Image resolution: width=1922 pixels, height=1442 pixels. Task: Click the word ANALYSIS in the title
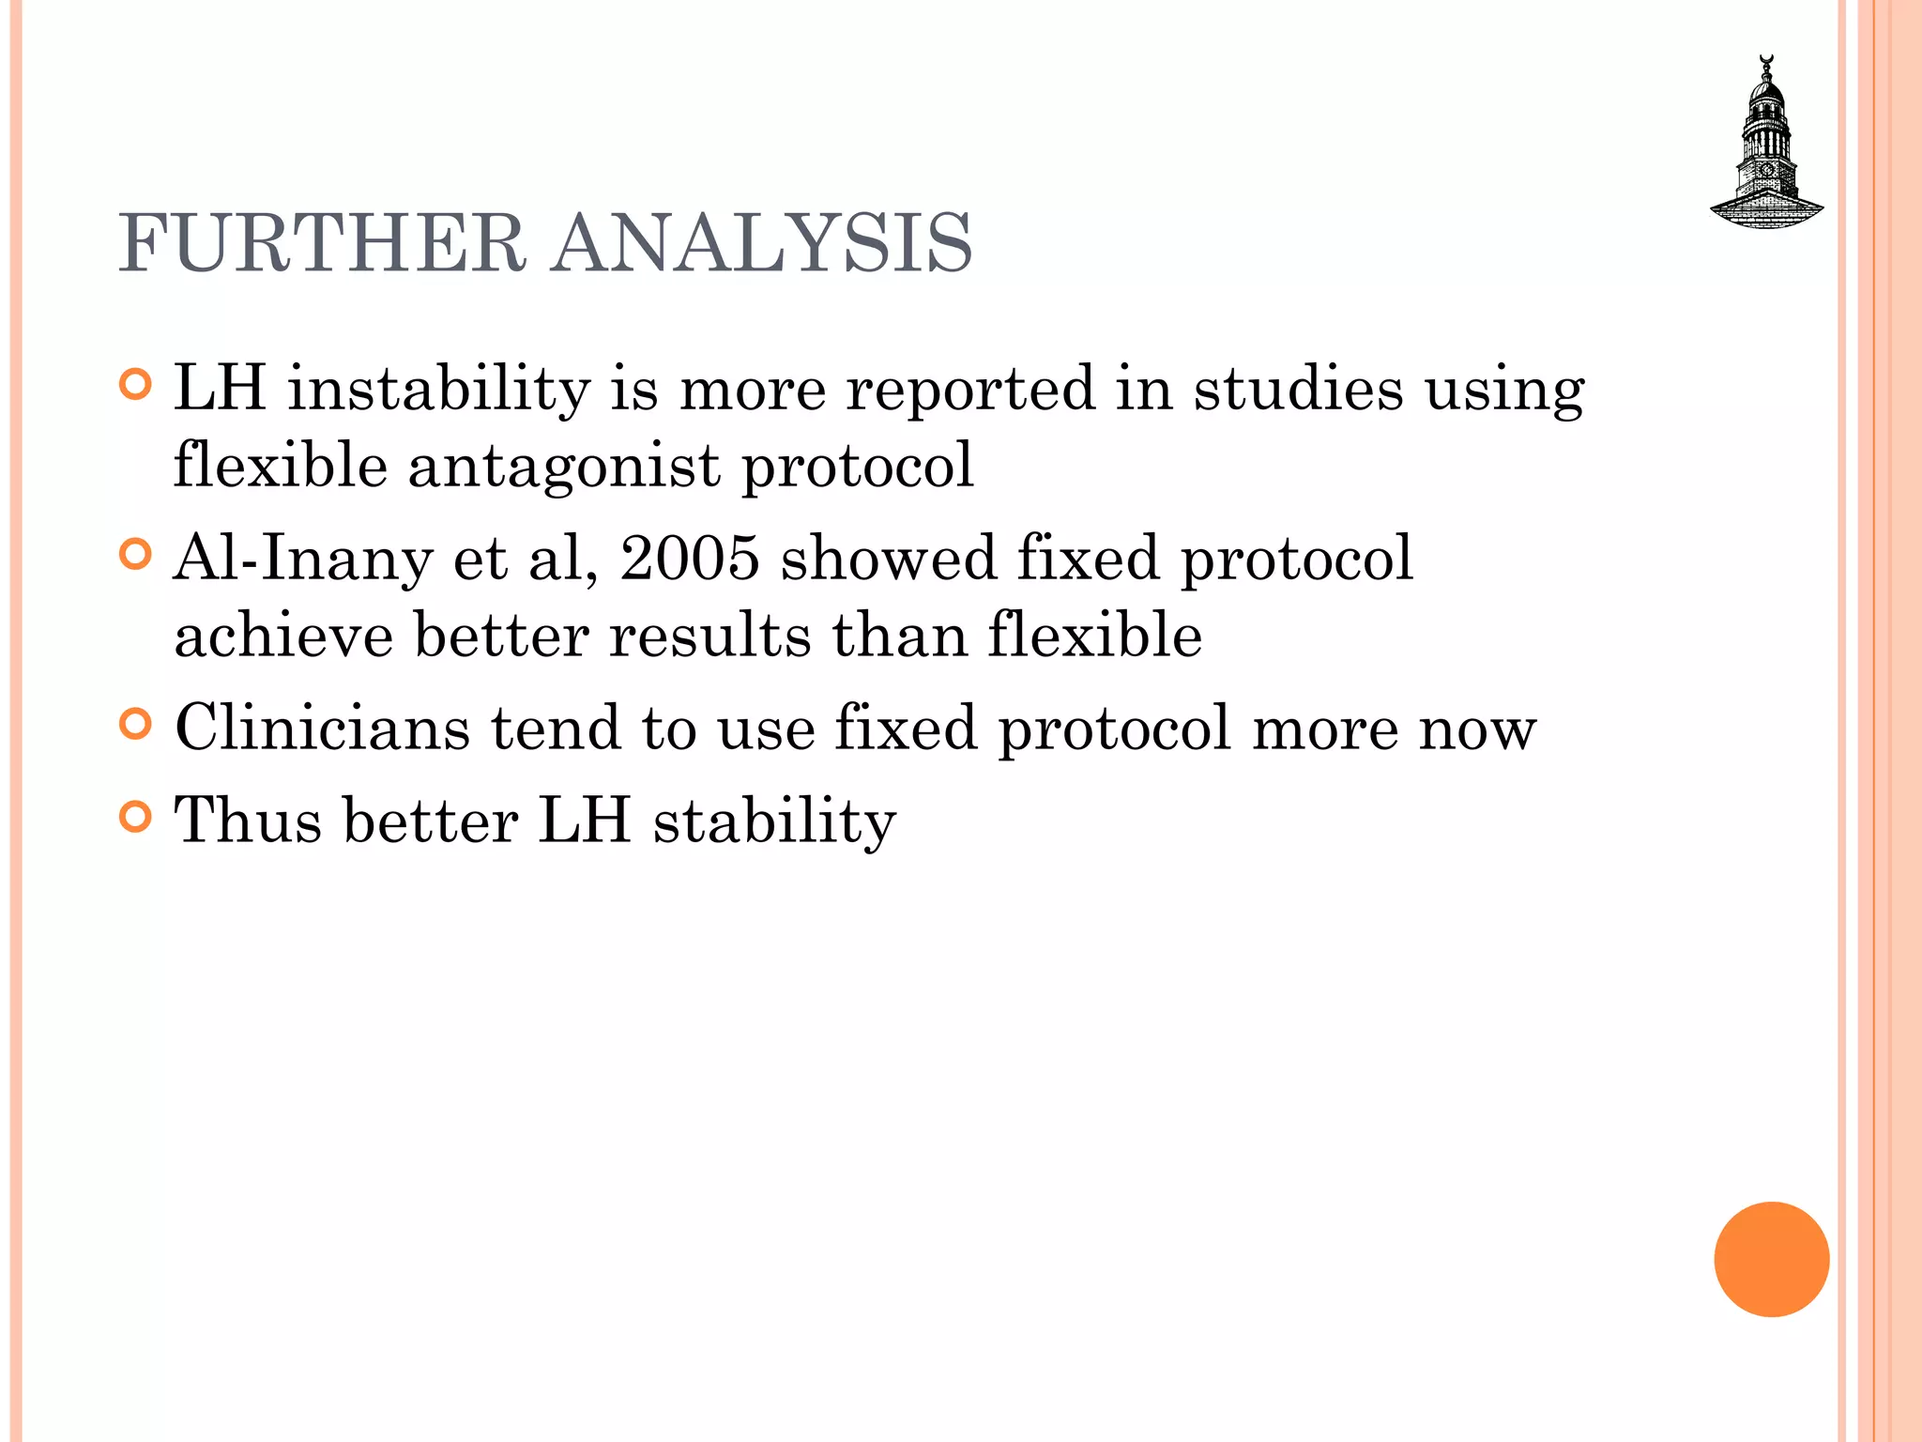coord(761,243)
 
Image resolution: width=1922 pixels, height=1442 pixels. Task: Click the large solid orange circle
coord(1771,1259)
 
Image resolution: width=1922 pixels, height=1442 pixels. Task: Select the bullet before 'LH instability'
coord(136,385)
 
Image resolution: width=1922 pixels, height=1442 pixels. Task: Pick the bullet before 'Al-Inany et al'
coord(136,555)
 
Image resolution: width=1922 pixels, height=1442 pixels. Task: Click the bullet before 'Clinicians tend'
coord(136,725)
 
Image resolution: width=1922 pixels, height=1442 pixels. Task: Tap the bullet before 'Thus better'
coord(136,818)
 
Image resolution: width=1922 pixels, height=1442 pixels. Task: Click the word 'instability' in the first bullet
coord(438,388)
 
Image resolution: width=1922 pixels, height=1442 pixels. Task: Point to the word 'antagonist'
coord(564,466)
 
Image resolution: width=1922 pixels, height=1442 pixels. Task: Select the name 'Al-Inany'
coord(303,559)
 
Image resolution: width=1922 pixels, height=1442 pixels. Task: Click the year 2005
coord(690,559)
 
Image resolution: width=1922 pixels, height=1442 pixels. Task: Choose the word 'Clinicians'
coord(322,728)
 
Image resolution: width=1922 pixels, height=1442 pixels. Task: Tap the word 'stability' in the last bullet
coord(774,822)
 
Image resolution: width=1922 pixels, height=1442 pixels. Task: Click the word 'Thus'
coord(248,821)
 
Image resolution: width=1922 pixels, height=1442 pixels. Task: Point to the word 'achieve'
coord(283,636)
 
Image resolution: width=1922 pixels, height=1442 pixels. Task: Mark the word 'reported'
coord(970,390)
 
